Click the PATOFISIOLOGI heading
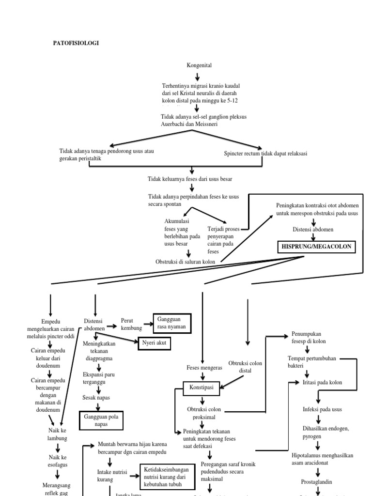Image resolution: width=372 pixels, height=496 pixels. click(76, 43)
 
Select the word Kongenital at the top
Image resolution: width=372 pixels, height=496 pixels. click(199, 65)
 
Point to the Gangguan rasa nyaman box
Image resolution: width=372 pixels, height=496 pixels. click(172, 324)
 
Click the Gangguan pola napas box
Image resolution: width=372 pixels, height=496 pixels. click(101, 420)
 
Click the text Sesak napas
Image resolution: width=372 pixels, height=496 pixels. click(96, 398)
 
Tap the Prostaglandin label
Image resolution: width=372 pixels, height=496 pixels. click(317, 482)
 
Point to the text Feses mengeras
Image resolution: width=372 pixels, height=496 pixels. click(204, 368)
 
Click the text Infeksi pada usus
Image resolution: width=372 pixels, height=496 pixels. click(322, 409)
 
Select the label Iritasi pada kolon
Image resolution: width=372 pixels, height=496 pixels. click(322, 382)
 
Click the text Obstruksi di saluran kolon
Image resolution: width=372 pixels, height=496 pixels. click(185, 262)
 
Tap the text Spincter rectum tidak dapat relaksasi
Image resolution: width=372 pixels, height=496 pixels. click(265, 154)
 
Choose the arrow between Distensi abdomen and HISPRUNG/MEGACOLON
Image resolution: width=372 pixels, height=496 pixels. click(314, 237)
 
